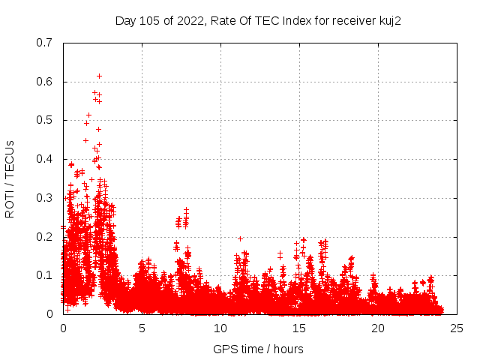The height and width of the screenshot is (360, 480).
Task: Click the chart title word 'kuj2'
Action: (390, 20)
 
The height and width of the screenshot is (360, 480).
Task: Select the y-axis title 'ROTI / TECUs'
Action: (10, 178)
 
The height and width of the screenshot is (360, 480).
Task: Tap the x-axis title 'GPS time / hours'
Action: (258, 349)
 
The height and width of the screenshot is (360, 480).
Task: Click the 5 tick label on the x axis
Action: (142, 328)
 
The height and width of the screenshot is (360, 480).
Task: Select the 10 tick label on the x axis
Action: (220, 328)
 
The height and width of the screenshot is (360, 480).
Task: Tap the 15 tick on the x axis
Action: (299, 328)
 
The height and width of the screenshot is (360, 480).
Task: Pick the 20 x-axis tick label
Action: (378, 328)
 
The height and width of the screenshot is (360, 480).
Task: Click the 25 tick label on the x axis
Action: (457, 328)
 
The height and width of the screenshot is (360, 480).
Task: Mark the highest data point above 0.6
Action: (99, 76)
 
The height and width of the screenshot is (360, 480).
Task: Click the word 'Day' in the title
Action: (125, 20)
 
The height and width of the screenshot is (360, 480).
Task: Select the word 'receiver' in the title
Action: (352, 20)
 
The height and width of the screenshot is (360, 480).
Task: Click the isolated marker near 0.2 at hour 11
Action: (240, 238)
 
